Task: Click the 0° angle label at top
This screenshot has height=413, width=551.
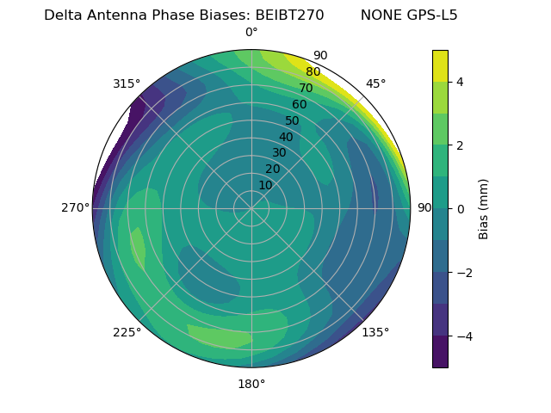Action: tap(251, 33)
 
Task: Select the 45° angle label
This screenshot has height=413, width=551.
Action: tap(376, 83)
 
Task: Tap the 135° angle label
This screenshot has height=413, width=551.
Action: tap(375, 332)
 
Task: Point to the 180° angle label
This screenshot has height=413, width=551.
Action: tap(251, 384)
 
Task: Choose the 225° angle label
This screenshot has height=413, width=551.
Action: tap(127, 332)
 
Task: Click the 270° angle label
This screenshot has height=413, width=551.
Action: tap(75, 208)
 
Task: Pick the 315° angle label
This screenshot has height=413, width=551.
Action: tap(127, 83)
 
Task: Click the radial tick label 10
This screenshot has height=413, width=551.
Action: tap(265, 185)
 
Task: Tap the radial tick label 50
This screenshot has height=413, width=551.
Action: tap(293, 120)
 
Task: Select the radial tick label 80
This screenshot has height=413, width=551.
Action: tap(313, 72)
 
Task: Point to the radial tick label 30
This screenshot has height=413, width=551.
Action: tap(279, 153)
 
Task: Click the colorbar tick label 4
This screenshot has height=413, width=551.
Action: tap(461, 82)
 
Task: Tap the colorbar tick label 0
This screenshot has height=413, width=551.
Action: tap(461, 209)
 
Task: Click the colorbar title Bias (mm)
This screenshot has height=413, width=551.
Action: tap(484, 209)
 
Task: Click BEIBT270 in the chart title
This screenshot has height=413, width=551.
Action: tap(289, 15)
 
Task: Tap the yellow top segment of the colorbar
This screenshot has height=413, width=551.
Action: tap(440, 65)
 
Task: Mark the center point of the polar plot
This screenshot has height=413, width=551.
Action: tap(251, 208)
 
